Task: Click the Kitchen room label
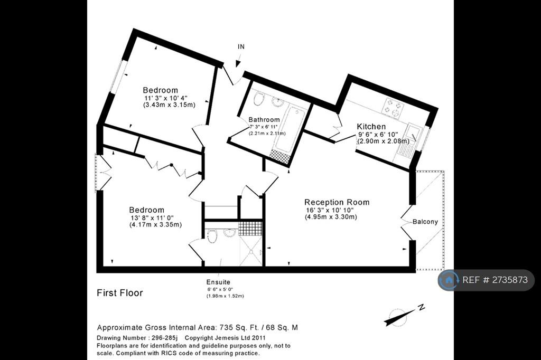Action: [371, 127]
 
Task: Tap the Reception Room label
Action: [337, 202]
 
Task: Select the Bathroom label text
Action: [264, 120]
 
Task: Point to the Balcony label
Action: [425, 222]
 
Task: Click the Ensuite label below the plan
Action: [218, 282]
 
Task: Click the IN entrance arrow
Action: [238, 63]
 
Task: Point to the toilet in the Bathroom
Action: [258, 99]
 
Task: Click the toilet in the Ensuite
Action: [212, 236]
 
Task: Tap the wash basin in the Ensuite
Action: [229, 233]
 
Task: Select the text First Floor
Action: [120, 293]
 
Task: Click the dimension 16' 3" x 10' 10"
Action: [330, 210]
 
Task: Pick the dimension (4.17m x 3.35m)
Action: [155, 225]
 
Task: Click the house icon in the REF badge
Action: [449, 280]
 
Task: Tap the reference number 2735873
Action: [510, 280]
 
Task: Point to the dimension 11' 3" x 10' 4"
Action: [165, 98]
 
